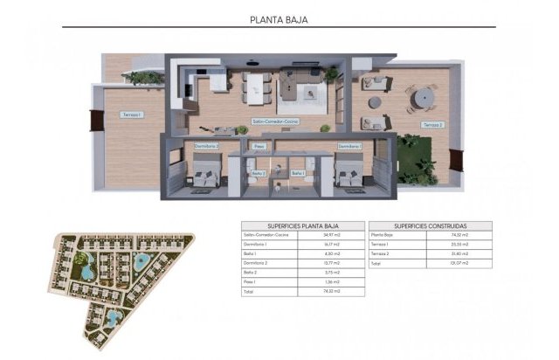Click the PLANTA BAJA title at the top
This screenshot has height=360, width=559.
point(279,17)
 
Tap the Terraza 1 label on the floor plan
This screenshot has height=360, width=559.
point(132,114)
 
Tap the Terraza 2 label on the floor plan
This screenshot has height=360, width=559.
point(434,125)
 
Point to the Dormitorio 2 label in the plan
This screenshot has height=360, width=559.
point(207,146)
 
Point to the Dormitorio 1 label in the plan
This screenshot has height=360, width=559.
point(349,146)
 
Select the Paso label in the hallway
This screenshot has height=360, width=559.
point(259,146)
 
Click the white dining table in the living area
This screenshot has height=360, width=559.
point(259,85)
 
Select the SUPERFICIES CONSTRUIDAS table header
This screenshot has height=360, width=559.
point(430,225)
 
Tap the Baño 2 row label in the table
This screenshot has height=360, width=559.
point(255,272)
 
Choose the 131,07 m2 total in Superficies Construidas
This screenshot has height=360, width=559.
point(460,263)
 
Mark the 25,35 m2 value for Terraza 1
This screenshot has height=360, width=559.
point(460,245)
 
